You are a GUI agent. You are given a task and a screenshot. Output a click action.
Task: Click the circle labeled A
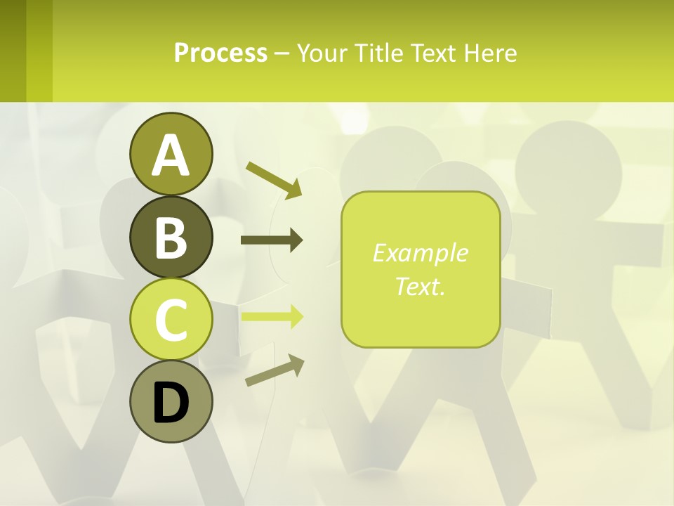tap(171, 154)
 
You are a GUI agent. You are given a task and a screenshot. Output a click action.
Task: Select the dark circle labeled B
tap(171, 237)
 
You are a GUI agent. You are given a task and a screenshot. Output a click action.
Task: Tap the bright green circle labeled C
tap(171, 319)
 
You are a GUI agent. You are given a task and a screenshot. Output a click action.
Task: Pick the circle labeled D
tap(171, 401)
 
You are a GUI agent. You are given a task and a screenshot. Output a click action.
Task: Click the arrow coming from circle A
tap(274, 179)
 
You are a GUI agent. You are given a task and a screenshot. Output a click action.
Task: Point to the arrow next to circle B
tap(272, 240)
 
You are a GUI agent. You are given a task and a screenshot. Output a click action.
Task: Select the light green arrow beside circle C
tap(272, 316)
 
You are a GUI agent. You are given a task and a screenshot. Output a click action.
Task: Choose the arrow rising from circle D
tap(275, 370)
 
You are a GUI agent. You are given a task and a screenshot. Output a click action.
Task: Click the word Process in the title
tap(220, 53)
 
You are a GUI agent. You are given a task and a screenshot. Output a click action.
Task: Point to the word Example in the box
tap(420, 253)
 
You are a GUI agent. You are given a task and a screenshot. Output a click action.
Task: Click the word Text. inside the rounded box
tap(420, 286)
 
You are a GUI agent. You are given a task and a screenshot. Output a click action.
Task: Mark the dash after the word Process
tap(282, 53)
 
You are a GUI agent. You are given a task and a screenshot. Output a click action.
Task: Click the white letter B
tap(171, 237)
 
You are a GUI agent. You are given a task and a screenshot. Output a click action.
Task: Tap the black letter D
tap(171, 403)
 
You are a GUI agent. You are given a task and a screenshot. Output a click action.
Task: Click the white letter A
tap(171, 155)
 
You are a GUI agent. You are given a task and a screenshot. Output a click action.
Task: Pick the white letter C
tap(171, 320)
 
